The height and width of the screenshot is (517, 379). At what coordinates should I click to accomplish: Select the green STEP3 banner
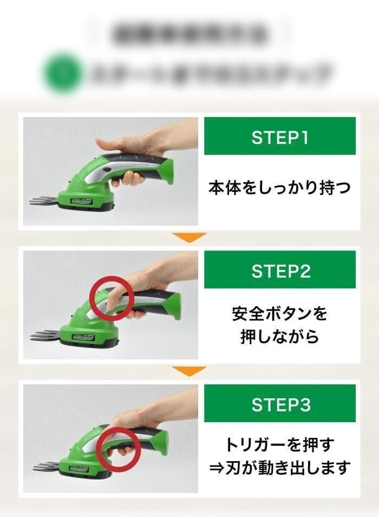tap(280, 404)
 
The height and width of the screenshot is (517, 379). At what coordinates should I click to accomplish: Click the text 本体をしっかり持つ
tap(280, 188)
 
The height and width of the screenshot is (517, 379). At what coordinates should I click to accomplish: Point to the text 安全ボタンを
tap(280, 314)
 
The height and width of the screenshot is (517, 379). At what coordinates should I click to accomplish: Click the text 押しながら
tap(280, 337)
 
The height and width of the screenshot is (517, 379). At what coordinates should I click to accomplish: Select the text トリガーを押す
tap(280, 445)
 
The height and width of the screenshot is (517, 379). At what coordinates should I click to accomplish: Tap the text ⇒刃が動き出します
tap(280, 467)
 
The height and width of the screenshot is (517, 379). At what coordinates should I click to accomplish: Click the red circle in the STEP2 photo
tap(112, 299)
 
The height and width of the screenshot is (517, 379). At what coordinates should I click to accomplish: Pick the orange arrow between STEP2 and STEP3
tap(189, 371)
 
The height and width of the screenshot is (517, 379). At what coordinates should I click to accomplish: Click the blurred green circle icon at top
tap(63, 72)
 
